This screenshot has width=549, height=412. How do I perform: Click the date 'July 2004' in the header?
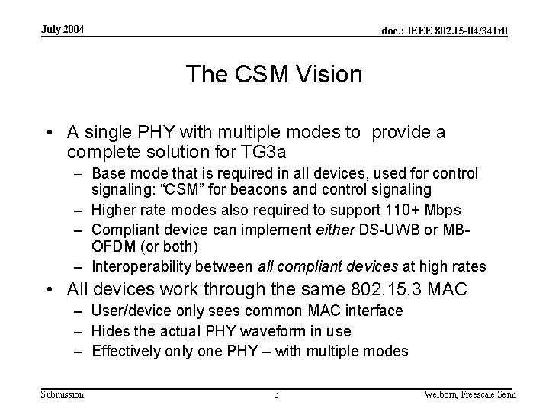(x=63, y=30)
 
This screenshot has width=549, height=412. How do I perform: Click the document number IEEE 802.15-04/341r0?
(x=444, y=31)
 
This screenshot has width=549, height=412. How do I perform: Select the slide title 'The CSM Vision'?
(x=274, y=75)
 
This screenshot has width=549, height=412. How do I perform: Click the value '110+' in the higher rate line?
(x=403, y=210)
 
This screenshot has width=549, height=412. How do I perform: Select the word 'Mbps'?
(x=444, y=210)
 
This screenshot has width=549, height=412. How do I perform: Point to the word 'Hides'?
(x=109, y=331)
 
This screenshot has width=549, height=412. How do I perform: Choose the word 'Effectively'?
(x=126, y=352)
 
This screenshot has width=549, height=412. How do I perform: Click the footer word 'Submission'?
(x=63, y=394)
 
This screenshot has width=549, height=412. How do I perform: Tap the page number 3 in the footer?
(x=276, y=394)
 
